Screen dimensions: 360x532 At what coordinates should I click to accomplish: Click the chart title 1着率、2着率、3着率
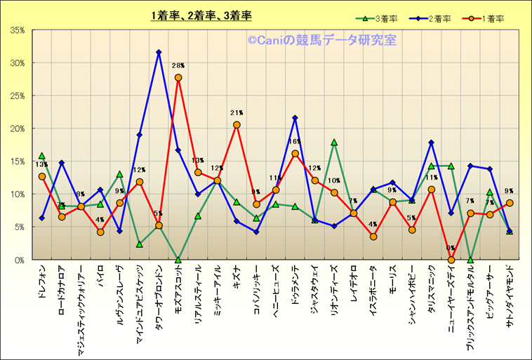pos(201,15)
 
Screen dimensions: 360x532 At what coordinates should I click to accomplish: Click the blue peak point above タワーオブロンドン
pos(159,52)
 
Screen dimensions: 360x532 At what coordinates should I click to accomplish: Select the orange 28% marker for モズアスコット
pos(178,77)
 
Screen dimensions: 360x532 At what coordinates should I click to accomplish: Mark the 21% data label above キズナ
pos(237,113)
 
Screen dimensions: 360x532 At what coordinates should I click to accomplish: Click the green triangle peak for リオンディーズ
pos(334,142)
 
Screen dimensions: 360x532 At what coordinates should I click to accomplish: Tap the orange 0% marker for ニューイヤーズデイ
pos(451,260)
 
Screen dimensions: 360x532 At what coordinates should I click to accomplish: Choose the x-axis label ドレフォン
pos(42,279)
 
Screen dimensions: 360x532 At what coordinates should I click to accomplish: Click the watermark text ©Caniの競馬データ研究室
pos(321,41)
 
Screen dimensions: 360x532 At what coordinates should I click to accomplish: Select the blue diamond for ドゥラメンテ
pos(295,118)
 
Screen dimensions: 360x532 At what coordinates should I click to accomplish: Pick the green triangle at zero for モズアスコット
pos(178,260)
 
